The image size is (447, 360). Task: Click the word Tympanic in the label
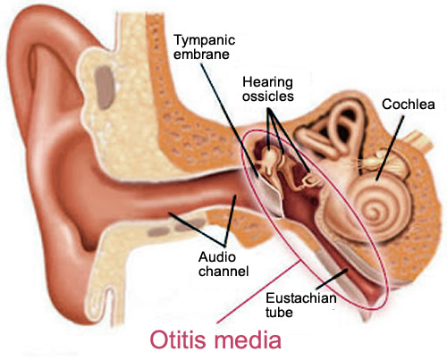click(205, 41)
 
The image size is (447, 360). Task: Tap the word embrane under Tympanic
click(201, 54)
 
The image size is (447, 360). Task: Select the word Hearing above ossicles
click(267, 83)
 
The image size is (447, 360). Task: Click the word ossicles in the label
click(268, 96)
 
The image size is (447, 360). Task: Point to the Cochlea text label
click(409, 104)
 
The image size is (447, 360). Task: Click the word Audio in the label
click(217, 256)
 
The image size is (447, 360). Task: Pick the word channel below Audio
click(223, 271)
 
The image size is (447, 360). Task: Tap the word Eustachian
click(301, 297)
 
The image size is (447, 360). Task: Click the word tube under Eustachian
click(279, 312)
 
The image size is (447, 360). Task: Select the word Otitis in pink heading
click(179, 339)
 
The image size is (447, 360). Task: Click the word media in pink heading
click(248, 339)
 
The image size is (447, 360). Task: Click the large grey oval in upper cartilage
click(104, 87)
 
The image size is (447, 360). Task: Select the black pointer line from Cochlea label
click(390, 148)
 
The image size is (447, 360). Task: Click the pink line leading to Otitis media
click(258, 292)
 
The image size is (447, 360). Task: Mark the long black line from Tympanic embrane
click(229, 119)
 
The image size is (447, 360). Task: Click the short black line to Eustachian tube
click(332, 279)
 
